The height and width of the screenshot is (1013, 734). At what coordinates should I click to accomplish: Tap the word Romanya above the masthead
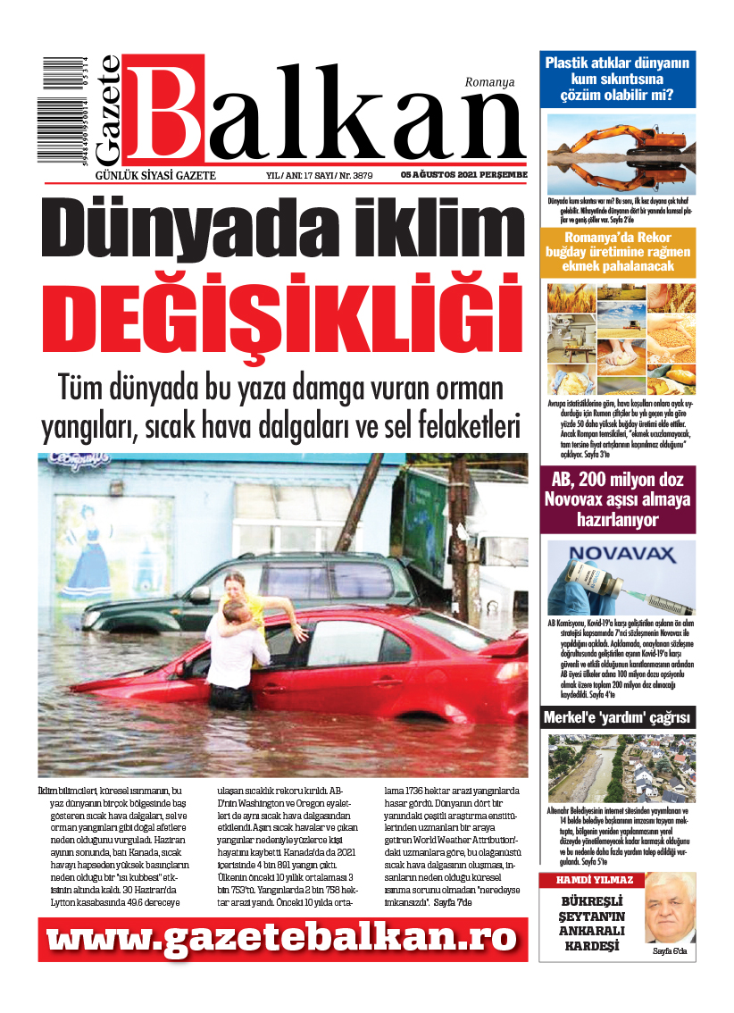coord(489,82)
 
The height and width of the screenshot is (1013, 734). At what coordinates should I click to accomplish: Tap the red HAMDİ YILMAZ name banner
coord(587,880)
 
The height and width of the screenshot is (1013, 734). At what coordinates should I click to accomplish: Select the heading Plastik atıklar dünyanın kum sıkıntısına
coord(618,79)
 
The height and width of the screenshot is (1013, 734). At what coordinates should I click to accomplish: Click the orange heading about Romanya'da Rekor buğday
coord(618,253)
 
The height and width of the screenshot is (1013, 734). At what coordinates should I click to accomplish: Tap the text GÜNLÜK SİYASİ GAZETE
coord(155,175)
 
